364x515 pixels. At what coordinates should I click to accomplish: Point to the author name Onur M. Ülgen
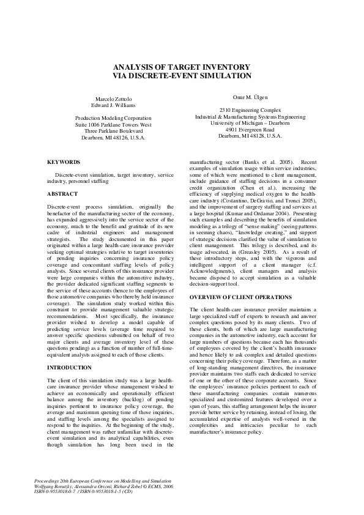(x=250, y=97)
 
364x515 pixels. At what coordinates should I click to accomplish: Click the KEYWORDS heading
(x=64, y=162)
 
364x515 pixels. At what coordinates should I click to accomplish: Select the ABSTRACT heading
(x=62, y=193)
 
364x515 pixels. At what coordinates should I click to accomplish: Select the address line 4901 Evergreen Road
(x=250, y=130)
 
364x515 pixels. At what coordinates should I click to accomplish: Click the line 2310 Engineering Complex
(x=250, y=110)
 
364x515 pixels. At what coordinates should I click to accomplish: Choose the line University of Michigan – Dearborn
(x=250, y=123)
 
